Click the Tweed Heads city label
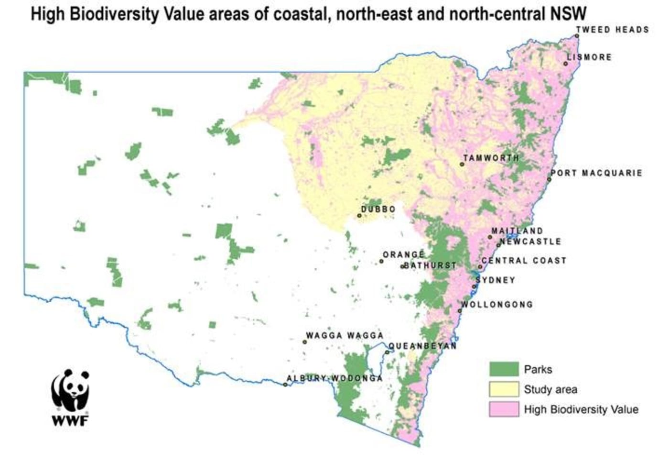point(613,30)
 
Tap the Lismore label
point(589,57)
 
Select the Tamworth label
point(491,158)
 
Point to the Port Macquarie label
point(597,173)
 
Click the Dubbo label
point(378,209)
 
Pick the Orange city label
point(403,254)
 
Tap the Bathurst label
point(430,265)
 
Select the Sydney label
point(496,280)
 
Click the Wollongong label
point(497,304)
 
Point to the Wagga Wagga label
point(345,336)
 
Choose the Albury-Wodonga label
point(334,378)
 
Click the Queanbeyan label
point(422,346)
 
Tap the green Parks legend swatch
point(504,369)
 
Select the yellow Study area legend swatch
point(504,389)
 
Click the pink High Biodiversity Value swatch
point(504,409)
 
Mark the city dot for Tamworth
point(462,164)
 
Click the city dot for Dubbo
point(359,216)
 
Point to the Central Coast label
point(524,261)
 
